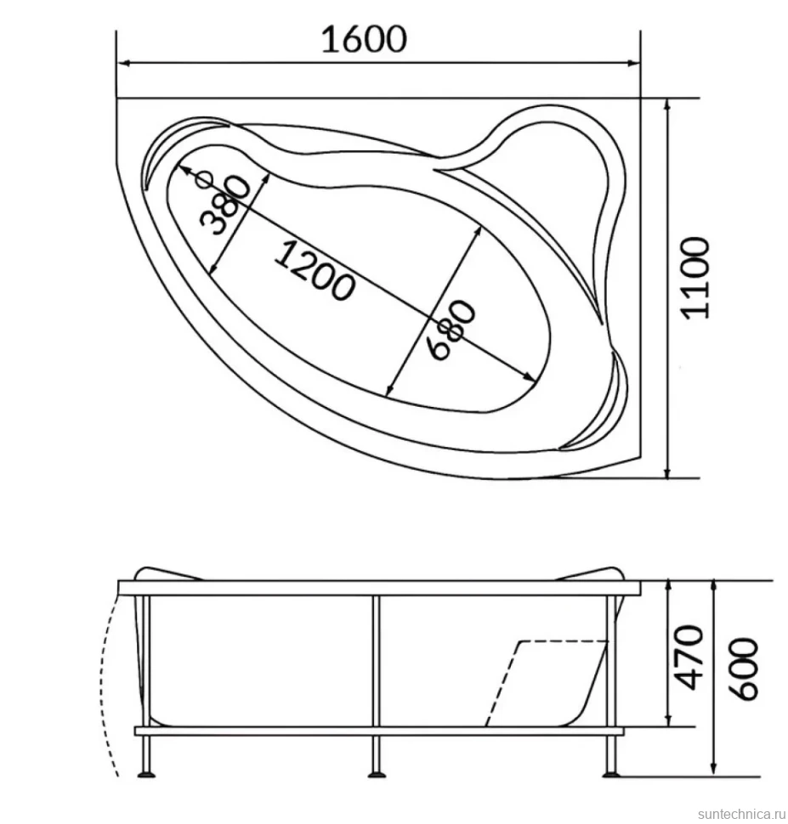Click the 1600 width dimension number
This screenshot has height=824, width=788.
pos(364,39)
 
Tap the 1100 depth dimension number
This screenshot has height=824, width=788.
pos(694,278)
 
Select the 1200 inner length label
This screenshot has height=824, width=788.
pos(315,271)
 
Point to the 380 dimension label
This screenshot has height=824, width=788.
pos(224,205)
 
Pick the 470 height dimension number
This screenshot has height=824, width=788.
pos(689,658)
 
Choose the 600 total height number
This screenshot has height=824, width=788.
pos(744,669)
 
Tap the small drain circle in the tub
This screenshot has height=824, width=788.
pos(203,180)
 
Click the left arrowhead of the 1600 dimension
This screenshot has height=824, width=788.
pos(122,63)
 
